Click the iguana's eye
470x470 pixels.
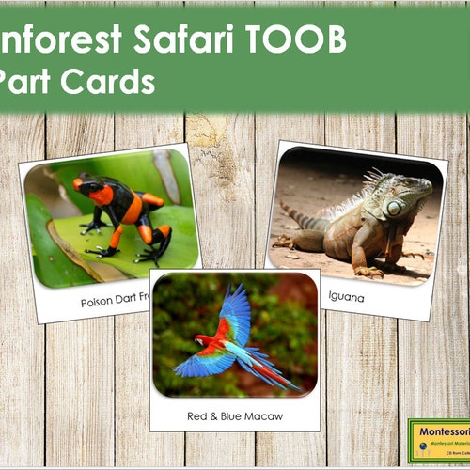coord(394,206)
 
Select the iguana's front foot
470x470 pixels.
coord(369,271)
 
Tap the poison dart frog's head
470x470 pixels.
coord(90,186)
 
